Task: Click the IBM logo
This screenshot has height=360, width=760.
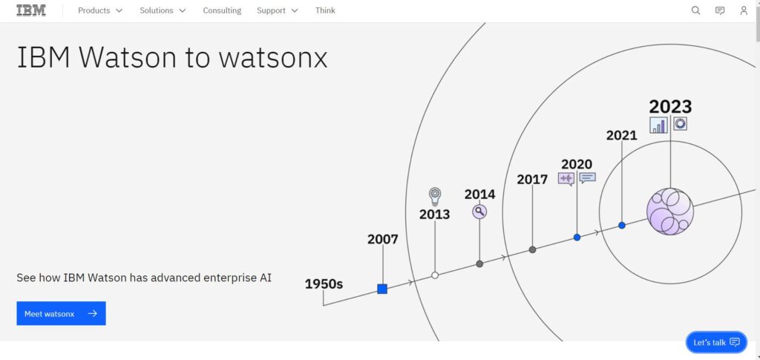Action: [31, 10]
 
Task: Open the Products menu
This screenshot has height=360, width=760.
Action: [100, 10]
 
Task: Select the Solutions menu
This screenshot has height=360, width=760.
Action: [163, 10]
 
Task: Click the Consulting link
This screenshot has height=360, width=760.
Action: [222, 10]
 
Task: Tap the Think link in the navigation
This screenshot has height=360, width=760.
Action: [325, 10]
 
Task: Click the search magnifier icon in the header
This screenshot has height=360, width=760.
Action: [695, 10]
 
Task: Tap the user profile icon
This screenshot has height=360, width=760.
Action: [744, 10]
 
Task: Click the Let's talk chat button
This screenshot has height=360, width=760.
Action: [716, 342]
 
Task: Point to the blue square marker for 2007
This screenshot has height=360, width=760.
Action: [382, 289]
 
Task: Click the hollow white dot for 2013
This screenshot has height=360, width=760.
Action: [435, 275]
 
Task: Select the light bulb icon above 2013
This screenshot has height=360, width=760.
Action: [435, 197]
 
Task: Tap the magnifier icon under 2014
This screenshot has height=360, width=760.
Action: [479, 212]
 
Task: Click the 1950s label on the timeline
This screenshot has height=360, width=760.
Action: [324, 284]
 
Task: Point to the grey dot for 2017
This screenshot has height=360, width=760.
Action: [532, 249]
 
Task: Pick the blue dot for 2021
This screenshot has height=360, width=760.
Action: [622, 226]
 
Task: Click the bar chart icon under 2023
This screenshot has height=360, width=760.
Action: [659, 125]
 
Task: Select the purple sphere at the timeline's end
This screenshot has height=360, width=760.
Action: [670, 212]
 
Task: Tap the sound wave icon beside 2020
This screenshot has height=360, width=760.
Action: [566, 179]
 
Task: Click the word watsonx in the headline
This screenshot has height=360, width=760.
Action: [273, 57]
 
